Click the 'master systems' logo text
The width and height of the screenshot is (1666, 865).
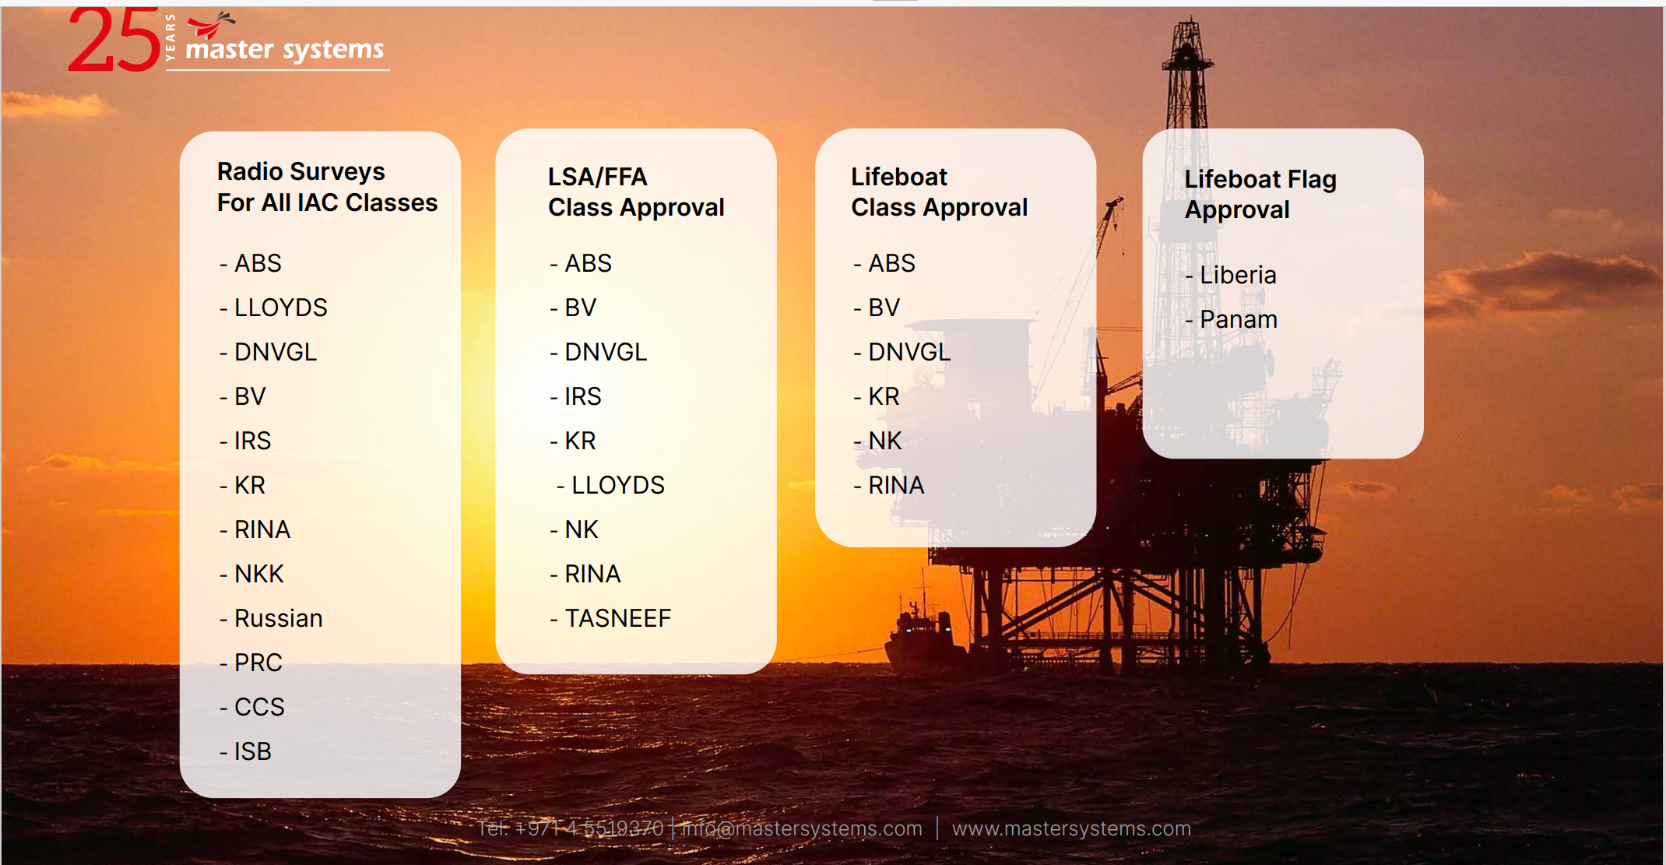pyautogui.click(x=285, y=50)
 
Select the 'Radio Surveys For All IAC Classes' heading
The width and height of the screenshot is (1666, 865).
pyautogui.click(x=327, y=187)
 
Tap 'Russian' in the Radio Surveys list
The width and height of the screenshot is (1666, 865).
pyautogui.click(x=278, y=618)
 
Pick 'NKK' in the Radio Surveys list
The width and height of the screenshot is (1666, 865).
pyautogui.click(x=259, y=574)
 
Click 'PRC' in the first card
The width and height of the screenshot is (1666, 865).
pyautogui.click(x=258, y=663)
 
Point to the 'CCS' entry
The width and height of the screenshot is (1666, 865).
pyautogui.click(x=259, y=707)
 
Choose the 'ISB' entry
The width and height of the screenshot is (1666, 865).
pyautogui.click(x=253, y=751)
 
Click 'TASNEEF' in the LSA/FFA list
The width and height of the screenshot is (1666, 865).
pyautogui.click(x=617, y=618)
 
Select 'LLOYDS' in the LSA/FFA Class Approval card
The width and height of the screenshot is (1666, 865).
pyautogui.click(x=618, y=485)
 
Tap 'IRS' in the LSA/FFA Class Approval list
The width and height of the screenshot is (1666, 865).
pyautogui.click(x=583, y=396)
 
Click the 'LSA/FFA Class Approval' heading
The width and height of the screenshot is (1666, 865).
pyautogui.click(x=636, y=192)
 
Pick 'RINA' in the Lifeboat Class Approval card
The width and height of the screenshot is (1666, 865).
pyautogui.click(x=896, y=485)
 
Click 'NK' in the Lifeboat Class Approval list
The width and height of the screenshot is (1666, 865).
pyautogui.click(x=885, y=441)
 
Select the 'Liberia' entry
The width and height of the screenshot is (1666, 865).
pyautogui.click(x=1238, y=275)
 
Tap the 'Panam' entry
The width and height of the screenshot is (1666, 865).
pyautogui.click(x=1239, y=319)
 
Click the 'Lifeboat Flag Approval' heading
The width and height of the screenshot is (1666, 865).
pyautogui.click(x=1260, y=195)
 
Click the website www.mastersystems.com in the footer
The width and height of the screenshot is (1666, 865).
pyautogui.click(x=1071, y=828)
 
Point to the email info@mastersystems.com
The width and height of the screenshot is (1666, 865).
pyautogui.click(x=802, y=828)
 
